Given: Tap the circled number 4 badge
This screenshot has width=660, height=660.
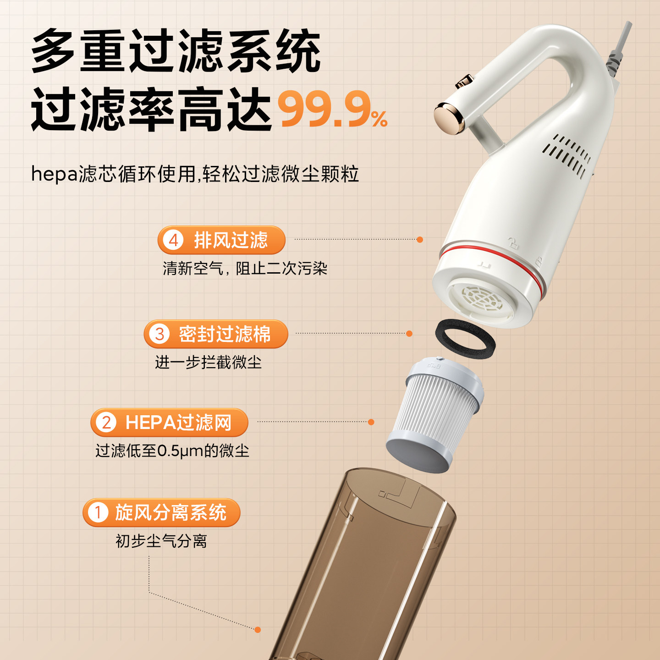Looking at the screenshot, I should (173, 240).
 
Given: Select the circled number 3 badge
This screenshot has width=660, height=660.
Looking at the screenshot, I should (159, 334).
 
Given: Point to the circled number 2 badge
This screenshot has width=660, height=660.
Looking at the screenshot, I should (106, 423).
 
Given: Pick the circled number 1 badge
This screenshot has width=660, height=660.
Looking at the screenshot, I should (98, 512).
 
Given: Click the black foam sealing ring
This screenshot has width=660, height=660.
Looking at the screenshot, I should (465, 339).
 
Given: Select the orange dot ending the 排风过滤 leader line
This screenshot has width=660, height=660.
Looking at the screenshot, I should (420, 240).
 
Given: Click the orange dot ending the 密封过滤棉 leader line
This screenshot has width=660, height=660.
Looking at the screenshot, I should (409, 334).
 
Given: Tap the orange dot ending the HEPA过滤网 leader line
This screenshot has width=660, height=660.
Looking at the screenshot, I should (371, 422).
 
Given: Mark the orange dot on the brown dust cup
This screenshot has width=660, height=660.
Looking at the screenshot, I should (258, 630).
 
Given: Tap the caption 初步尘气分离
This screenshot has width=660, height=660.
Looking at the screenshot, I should (161, 541).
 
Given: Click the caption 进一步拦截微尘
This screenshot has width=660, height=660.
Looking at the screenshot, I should (208, 363).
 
